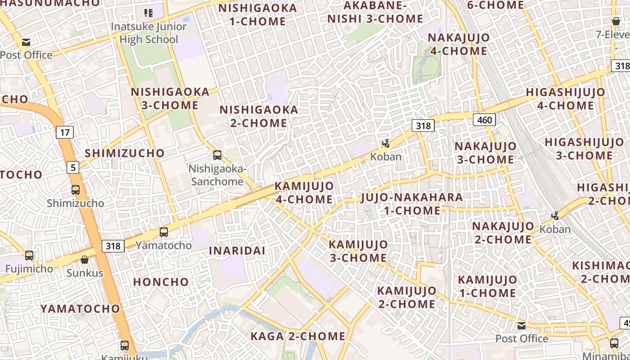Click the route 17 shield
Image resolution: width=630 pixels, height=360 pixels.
tap(65, 132)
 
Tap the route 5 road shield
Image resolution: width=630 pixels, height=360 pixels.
tap(73, 168)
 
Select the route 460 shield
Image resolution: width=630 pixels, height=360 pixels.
tap(484, 120)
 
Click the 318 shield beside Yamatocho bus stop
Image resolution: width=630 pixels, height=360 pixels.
tap(113, 246)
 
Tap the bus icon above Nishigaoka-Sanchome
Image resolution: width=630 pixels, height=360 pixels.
tap(217, 155)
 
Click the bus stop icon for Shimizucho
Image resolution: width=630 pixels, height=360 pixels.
tap(76, 190)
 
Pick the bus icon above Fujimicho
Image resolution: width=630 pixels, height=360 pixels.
tap(29, 256)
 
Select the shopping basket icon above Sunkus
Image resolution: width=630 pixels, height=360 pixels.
tap(85, 260)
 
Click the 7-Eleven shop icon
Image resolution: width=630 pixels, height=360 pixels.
tap(616, 21)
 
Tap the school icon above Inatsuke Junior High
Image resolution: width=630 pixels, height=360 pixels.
tap(148, 13)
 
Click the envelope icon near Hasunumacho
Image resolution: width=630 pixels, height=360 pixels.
tap(26, 42)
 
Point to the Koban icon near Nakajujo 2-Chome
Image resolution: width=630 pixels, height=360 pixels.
tap(555, 216)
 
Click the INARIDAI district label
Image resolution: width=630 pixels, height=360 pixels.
tap(237, 251)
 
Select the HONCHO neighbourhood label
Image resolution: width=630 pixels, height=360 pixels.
tap(161, 282)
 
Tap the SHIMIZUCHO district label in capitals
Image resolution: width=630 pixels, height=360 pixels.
tap(125, 153)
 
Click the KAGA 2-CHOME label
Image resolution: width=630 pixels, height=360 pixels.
tap(298, 336)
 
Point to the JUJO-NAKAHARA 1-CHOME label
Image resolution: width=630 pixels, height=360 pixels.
tap(411, 204)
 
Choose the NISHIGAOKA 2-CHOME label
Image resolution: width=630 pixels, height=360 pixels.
tap(259, 116)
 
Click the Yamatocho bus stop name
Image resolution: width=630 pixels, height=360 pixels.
tap(164, 245)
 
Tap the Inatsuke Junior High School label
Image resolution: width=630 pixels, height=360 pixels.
tap(148, 33)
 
